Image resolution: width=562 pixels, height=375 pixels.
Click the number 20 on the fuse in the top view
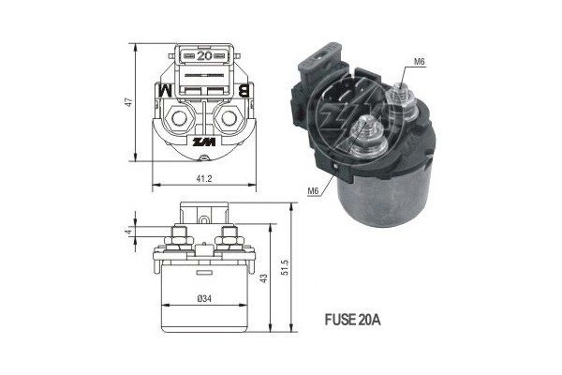coord(203,55)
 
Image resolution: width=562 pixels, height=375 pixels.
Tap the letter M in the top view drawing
coord(161,91)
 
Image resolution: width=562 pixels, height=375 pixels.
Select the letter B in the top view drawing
coord(244,91)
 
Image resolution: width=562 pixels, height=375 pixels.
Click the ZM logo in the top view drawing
coord(203,143)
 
